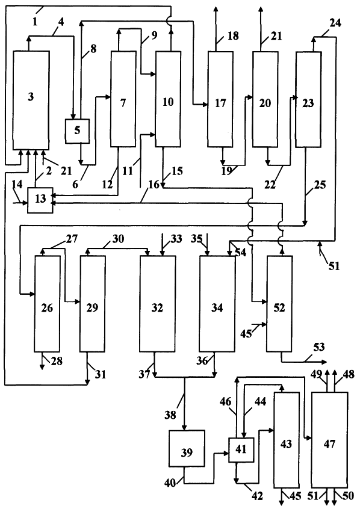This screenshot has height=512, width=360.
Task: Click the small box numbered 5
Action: [77, 131]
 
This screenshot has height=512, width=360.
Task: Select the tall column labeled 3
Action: [31, 100]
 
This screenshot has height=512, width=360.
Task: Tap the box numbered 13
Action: [40, 200]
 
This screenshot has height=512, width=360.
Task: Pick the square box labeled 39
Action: [187, 448]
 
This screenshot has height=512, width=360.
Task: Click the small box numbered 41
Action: [241, 449]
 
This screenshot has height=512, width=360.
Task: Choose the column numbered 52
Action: [279, 304]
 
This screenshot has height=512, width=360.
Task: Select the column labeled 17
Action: [220, 99]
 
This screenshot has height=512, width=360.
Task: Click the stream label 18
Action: [233, 35]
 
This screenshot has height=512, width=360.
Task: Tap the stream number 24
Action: [335, 23]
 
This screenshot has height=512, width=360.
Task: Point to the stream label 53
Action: [319, 347]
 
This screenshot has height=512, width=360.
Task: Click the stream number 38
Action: [170, 415]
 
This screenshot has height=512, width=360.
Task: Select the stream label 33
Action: [176, 239]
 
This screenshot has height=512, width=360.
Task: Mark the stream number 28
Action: [56, 361]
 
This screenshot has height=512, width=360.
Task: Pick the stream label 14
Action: [17, 185]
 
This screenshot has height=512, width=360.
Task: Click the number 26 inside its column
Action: [47, 308]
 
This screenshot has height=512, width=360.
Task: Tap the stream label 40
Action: [170, 483]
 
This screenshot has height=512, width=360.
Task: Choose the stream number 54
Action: [241, 252]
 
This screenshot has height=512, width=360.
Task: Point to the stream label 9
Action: [154, 35]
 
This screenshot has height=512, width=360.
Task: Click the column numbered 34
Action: [217, 304]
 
